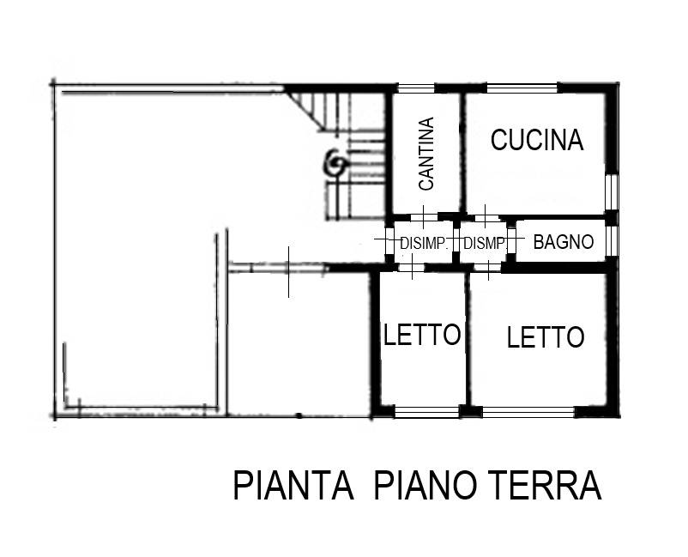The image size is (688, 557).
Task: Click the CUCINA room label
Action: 536,140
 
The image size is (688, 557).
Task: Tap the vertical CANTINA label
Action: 426,153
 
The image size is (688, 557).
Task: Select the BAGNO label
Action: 563,242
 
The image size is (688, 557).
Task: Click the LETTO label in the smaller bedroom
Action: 422,335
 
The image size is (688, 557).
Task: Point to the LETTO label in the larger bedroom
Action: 545,337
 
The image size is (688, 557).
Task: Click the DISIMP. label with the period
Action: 424,244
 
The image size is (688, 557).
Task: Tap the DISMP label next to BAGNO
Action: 483,244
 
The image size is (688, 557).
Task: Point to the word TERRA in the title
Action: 546,486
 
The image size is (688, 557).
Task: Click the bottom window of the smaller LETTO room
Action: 425,413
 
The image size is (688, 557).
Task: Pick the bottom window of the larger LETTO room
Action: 528,413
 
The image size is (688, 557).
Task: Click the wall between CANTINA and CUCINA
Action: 461,150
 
